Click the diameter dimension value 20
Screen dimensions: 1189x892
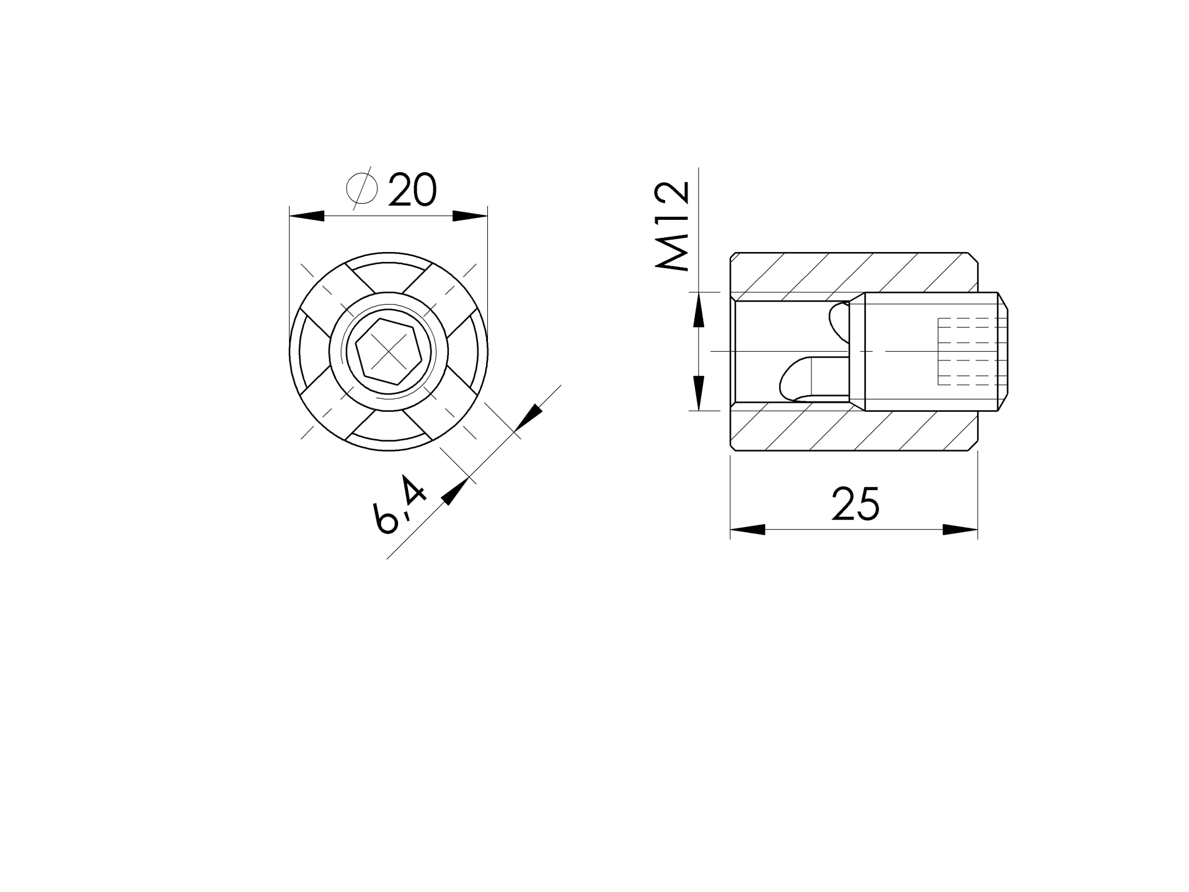[x=413, y=190]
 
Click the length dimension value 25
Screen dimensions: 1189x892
[x=855, y=503]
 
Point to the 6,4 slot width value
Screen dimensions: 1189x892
[x=400, y=504]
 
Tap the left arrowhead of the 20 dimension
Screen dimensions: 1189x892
[x=307, y=216]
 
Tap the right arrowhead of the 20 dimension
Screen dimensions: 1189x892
[x=470, y=216]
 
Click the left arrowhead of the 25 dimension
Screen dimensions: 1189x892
[x=748, y=530]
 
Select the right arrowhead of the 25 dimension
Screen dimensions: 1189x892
[x=960, y=530]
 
